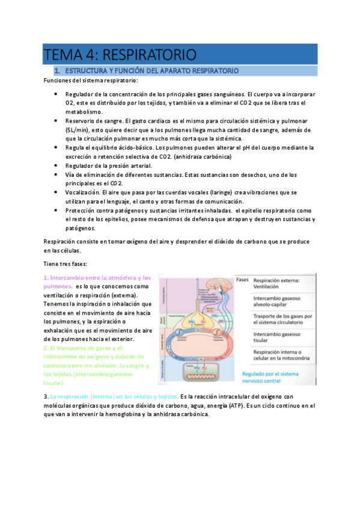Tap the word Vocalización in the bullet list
(x=84, y=192)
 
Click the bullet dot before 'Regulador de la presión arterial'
(x=55, y=165)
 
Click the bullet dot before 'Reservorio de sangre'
(x=55, y=121)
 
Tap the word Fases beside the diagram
(x=242, y=280)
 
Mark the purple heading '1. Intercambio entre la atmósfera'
(x=96, y=278)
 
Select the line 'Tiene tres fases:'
(x=66, y=264)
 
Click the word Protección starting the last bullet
(x=82, y=210)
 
